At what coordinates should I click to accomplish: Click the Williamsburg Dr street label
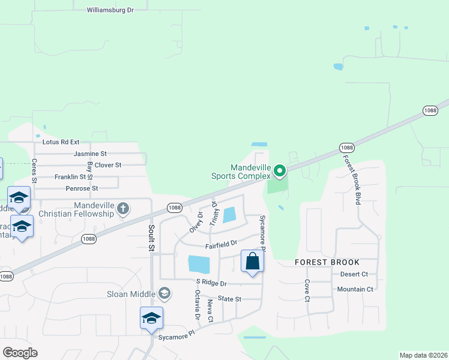click(110, 10)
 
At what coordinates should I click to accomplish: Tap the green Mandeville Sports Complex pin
click(280, 172)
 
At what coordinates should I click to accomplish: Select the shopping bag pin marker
click(253, 262)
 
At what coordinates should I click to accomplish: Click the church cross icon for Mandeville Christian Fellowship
click(123, 209)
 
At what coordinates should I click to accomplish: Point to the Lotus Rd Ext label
click(61, 142)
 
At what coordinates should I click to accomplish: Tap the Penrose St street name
click(82, 188)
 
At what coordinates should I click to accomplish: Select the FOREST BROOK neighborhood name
click(327, 262)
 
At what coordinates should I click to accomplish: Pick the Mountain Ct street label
click(355, 289)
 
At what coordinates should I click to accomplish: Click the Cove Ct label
click(307, 290)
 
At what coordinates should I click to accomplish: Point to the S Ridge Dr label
click(211, 283)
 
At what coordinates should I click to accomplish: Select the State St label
click(229, 299)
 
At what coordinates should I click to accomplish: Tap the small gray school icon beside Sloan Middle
click(164, 293)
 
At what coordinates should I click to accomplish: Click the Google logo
click(20, 353)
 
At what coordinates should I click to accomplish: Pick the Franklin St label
click(70, 177)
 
